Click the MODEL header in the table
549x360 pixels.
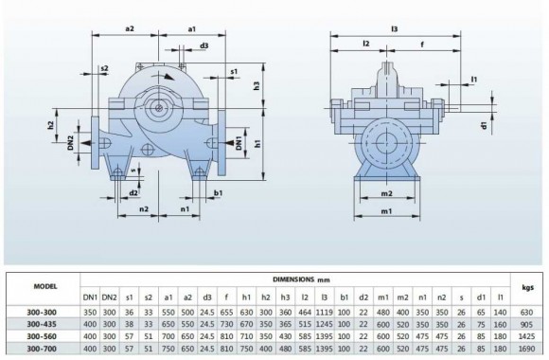coord(44,286)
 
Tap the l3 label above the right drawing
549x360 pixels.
coord(394,29)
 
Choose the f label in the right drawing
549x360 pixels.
coord(422,44)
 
